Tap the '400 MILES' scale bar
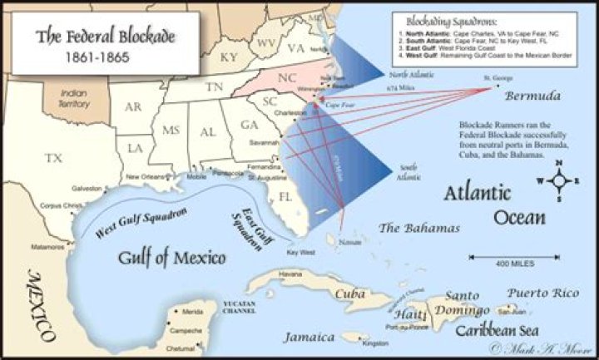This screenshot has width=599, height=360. (x=516, y=264)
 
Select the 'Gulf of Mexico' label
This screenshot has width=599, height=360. (x=171, y=258)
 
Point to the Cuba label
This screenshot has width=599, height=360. (x=349, y=293)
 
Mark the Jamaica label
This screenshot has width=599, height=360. (x=309, y=337)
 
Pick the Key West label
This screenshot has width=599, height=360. (x=300, y=252)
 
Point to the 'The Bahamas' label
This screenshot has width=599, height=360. (x=419, y=229)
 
